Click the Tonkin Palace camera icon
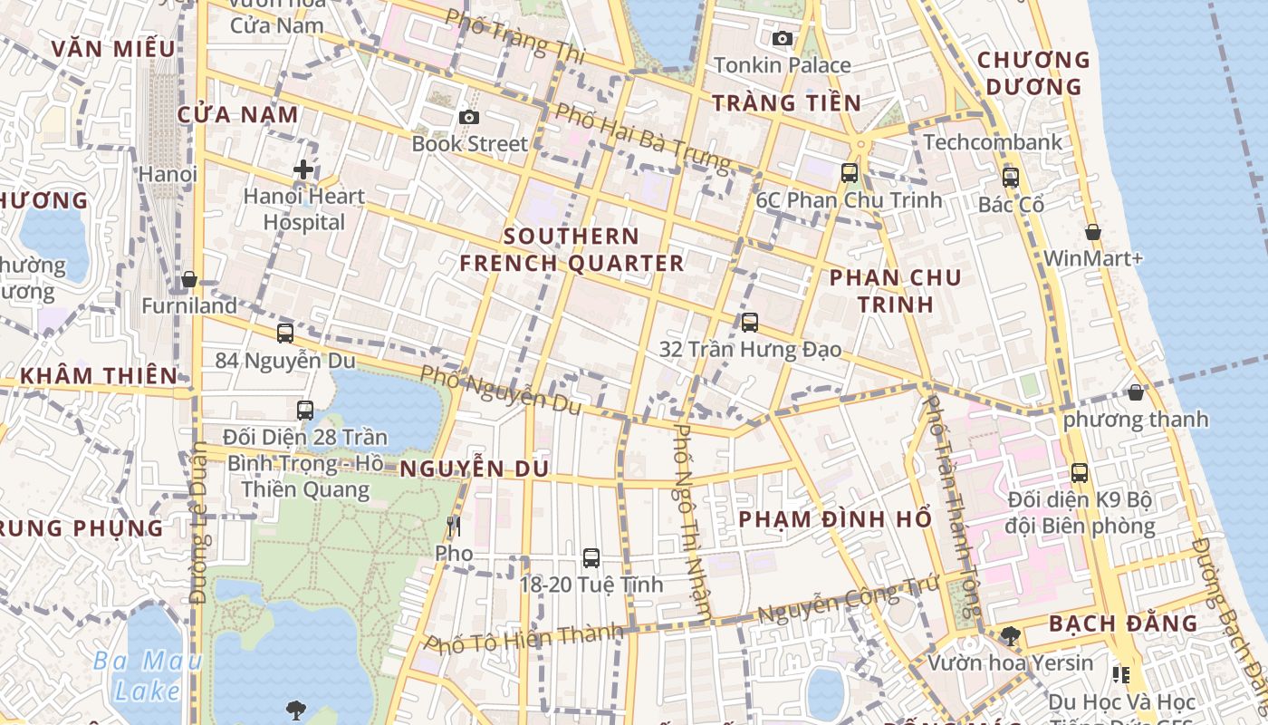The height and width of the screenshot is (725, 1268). click(x=783, y=38)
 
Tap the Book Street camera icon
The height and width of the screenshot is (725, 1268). click(x=468, y=117)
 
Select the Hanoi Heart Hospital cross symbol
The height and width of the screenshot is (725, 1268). click(x=303, y=169)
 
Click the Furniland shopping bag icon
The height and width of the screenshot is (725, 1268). click(x=189, y=279)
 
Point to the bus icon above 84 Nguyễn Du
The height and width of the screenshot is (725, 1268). click(x=285, y=333)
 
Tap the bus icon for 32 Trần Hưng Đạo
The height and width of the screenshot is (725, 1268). click(x=749, y=323)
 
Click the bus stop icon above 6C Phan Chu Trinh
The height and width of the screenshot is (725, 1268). click(x=849, y=173)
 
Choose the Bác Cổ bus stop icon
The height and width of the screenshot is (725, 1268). click(x=1011, y=178)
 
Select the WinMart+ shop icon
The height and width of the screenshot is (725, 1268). click(x=1093, y=232)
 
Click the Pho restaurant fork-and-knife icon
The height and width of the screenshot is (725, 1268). click(x=454, y=527)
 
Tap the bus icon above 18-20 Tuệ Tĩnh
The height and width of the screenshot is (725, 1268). click(x=591, y=558)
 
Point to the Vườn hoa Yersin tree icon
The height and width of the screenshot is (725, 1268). click(x=1010, y=636)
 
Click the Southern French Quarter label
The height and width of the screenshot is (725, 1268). click(x=572, y=250)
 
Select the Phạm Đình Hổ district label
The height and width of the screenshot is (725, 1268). click(x=834, y=519)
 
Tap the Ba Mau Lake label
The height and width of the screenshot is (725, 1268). click(x=148, y=675)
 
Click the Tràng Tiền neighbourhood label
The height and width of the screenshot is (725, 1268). click(x=786, y=102)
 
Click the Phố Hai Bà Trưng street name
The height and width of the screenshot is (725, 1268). click(x=642, y=139)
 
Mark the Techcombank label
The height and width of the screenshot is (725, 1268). click(x=993, y=142)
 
